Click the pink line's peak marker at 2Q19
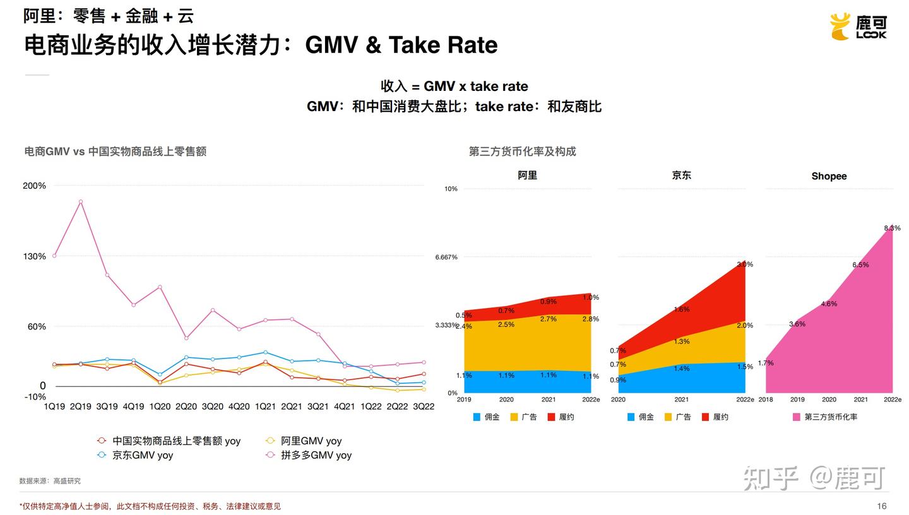click(x=80, y=202)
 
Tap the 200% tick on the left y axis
click(x=34, y=186)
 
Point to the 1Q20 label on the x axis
click(x=160, y=407)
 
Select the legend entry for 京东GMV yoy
click(x=142, y=455)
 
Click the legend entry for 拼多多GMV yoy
click(x=316, y=455)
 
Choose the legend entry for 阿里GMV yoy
click(x=311, y=441)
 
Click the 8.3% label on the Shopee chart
click(x=892, y=228)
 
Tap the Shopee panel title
click(x=829, y=176)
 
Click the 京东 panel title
click(x=682, y=175)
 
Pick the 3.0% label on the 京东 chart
click(x=745, y=264)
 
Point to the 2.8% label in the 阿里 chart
click(x=590, y=319)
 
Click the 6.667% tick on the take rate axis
click(x=446, y=257)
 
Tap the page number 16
click(x=882, y=506)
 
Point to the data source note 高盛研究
click(x=66, y=481)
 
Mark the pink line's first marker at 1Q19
click(x=54, y=256)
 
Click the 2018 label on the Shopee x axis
click(x=766, y=400)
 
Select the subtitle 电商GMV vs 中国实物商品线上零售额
click(x=115, y=151)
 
